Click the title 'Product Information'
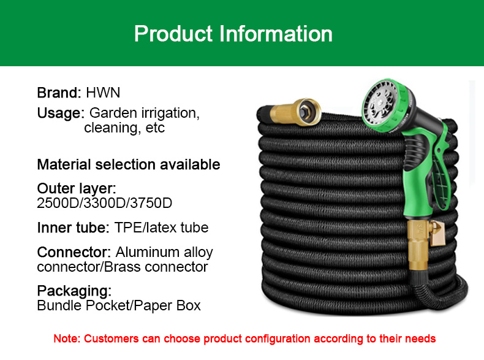(233, 33)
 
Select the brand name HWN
(103, 93)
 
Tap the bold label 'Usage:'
(61, 113)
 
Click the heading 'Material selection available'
(129, 164)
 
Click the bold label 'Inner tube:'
(73, 228)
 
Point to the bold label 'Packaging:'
(74, 291)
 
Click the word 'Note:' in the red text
(67, 339)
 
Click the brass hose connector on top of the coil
(295, 112)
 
